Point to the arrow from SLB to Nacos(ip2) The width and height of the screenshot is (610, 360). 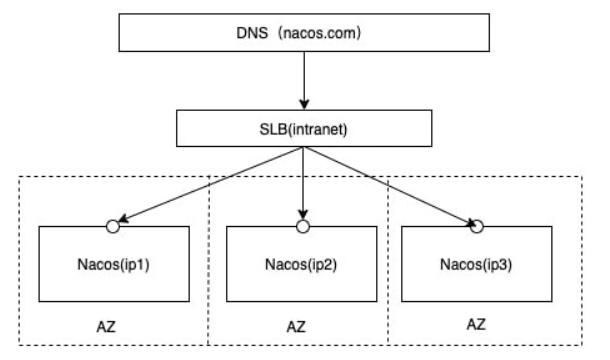(x=302, y=185)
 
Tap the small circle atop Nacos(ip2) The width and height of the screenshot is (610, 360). (x=302, y=227)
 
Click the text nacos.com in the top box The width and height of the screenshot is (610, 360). (x=326, y=33)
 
